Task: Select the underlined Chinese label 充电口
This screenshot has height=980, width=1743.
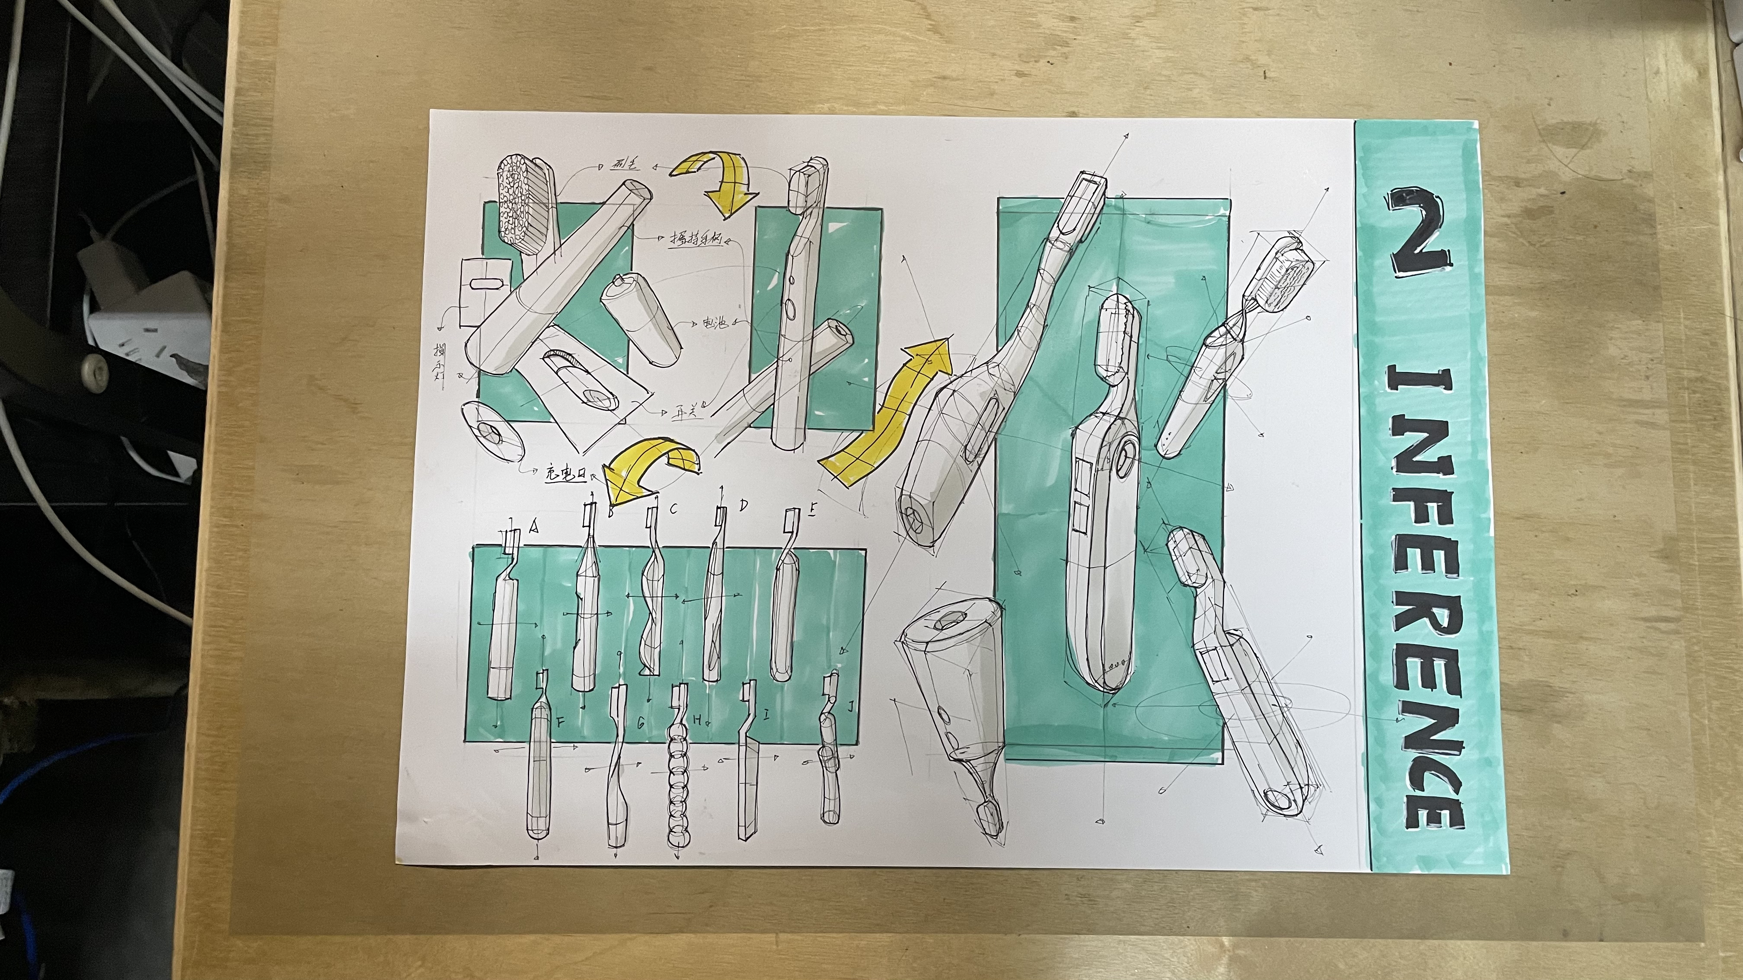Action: click(565, 475)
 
